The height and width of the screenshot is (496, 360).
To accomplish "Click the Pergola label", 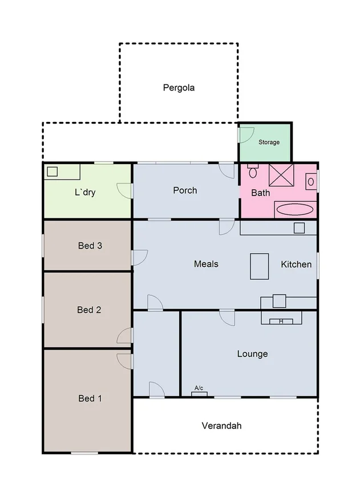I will click(179, 88).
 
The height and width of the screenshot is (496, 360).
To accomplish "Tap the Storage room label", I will click(269, 142).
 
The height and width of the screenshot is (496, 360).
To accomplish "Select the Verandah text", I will click(222, 426).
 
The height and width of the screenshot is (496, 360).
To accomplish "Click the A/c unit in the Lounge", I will click(199, 392).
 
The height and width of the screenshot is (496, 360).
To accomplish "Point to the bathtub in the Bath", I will click(294, 210).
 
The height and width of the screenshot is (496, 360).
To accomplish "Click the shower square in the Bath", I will click(281, 175).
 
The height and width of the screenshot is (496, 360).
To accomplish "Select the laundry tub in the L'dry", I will click(52, 172).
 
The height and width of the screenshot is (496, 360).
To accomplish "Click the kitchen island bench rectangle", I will click(259, 266).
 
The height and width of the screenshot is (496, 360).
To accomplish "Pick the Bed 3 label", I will click(90, 246).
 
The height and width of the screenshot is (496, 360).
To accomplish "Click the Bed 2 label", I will click(89, 310).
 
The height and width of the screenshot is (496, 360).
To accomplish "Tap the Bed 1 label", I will click(90, 399).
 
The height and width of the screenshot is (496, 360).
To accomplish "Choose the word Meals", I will click(206, 264).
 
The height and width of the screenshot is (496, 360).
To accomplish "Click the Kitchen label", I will click(296, 265).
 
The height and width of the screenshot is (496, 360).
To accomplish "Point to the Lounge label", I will click(252, 354).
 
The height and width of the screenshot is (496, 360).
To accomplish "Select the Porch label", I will click(185, 190).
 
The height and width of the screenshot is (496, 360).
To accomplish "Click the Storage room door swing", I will click(245, 134).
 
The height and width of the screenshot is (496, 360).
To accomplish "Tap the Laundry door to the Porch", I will click(126, 190).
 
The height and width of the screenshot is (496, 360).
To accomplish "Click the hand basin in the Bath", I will click(310, 181).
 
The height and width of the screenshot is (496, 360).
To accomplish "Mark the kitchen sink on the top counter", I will click(299, 228).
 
